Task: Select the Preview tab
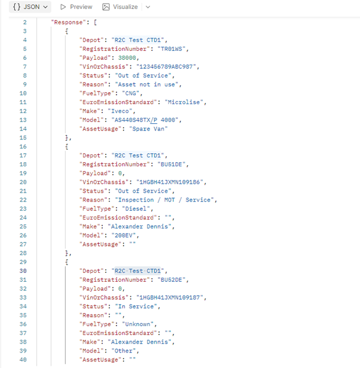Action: tap(76, 7)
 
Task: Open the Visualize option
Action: tap(120, 7)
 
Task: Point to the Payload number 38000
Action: tap(127, 58)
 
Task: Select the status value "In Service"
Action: tap(136, 306)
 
